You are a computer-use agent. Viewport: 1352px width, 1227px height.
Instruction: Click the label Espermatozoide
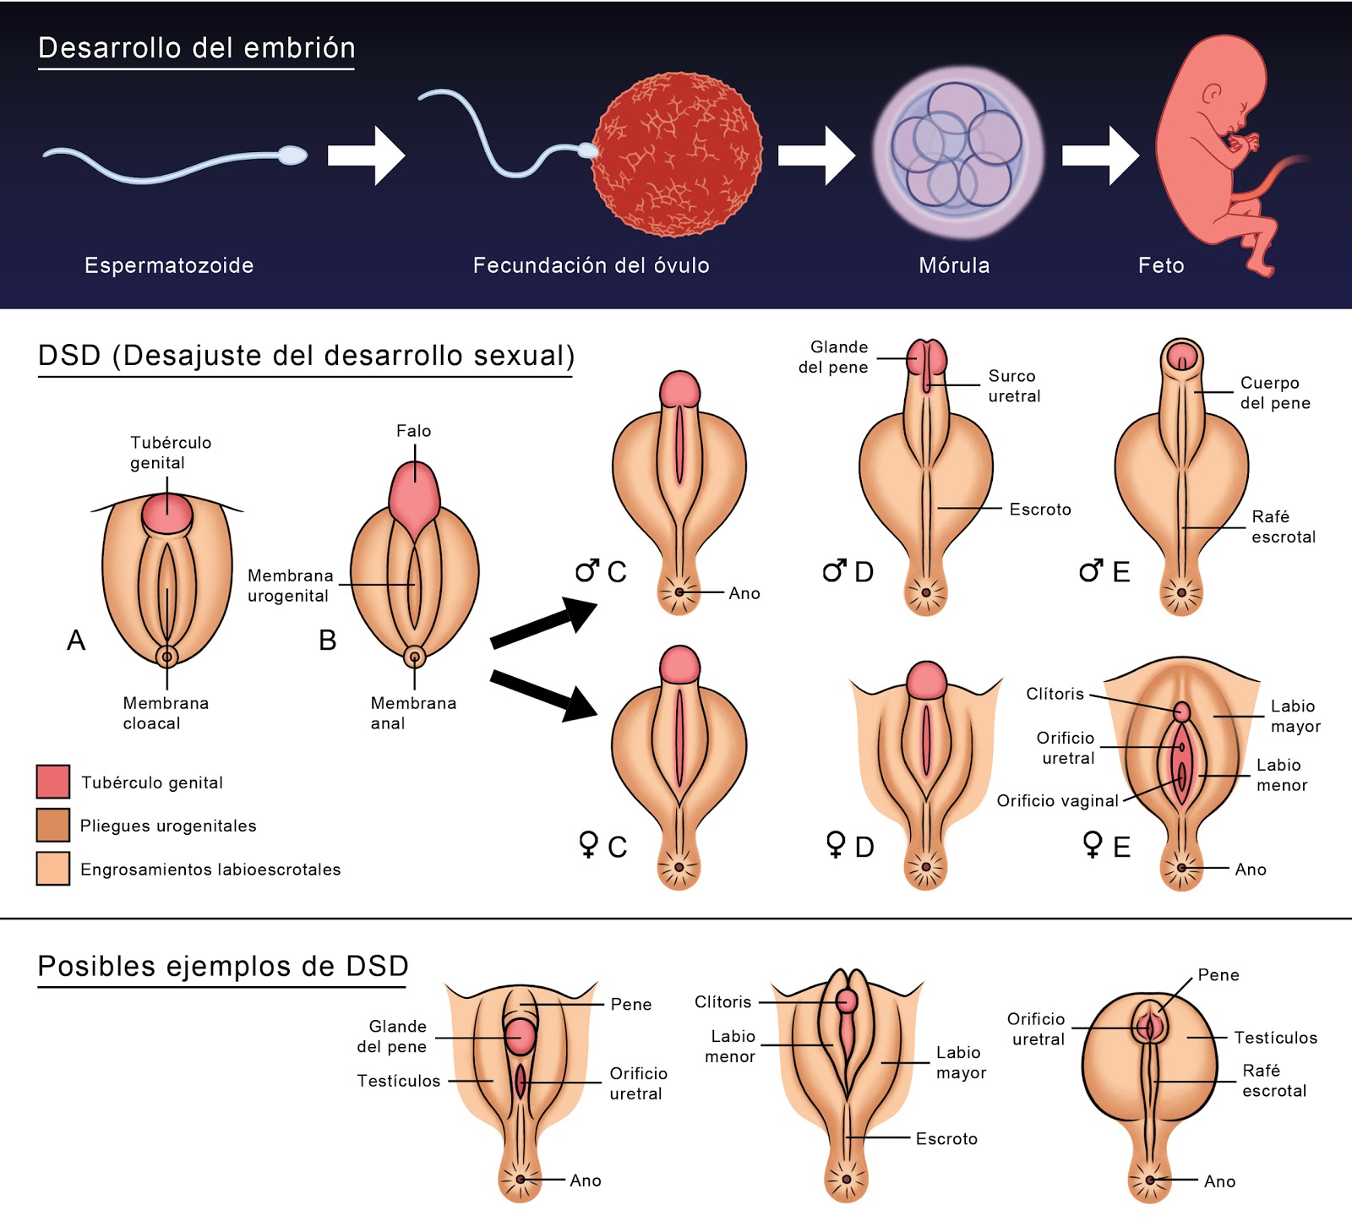(x=169, y=265)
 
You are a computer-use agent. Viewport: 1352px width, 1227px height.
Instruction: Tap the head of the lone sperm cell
(x=292, y=155)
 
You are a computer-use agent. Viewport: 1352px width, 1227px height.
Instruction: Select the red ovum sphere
(x=676, y=154)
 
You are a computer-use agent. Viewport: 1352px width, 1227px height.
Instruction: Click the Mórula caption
(x=954, y=265)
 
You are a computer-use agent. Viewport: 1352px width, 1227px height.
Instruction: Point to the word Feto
(x=1161, y=265)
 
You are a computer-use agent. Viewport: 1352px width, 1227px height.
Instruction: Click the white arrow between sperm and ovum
(x=367, y=155)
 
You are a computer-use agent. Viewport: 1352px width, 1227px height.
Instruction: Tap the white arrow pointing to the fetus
(x=1100, y=155)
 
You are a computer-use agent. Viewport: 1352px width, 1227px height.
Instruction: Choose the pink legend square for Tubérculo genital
(x=52, y=782)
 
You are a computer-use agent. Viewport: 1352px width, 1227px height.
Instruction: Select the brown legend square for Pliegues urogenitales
(x=52, y=825)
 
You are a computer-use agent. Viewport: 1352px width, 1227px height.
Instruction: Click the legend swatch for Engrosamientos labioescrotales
(x=52, y=869)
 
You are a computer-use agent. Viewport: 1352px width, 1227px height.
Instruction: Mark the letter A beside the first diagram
(x=76, y=641)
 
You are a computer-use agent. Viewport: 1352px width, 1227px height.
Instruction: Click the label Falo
(x=413, y=431)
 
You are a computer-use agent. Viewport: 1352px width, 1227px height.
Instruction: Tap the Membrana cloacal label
(x=165, y=712)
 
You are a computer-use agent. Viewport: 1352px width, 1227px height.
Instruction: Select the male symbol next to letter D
(x=834, y=571)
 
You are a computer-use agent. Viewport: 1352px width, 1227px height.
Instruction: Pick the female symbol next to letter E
(x=1093, y=844)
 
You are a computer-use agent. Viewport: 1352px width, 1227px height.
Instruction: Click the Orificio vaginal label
(x=1057, y=800)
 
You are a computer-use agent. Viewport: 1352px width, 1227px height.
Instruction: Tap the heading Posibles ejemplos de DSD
(x=223, y=966)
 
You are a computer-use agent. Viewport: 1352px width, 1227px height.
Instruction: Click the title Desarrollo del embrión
(x=196, y=48)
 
